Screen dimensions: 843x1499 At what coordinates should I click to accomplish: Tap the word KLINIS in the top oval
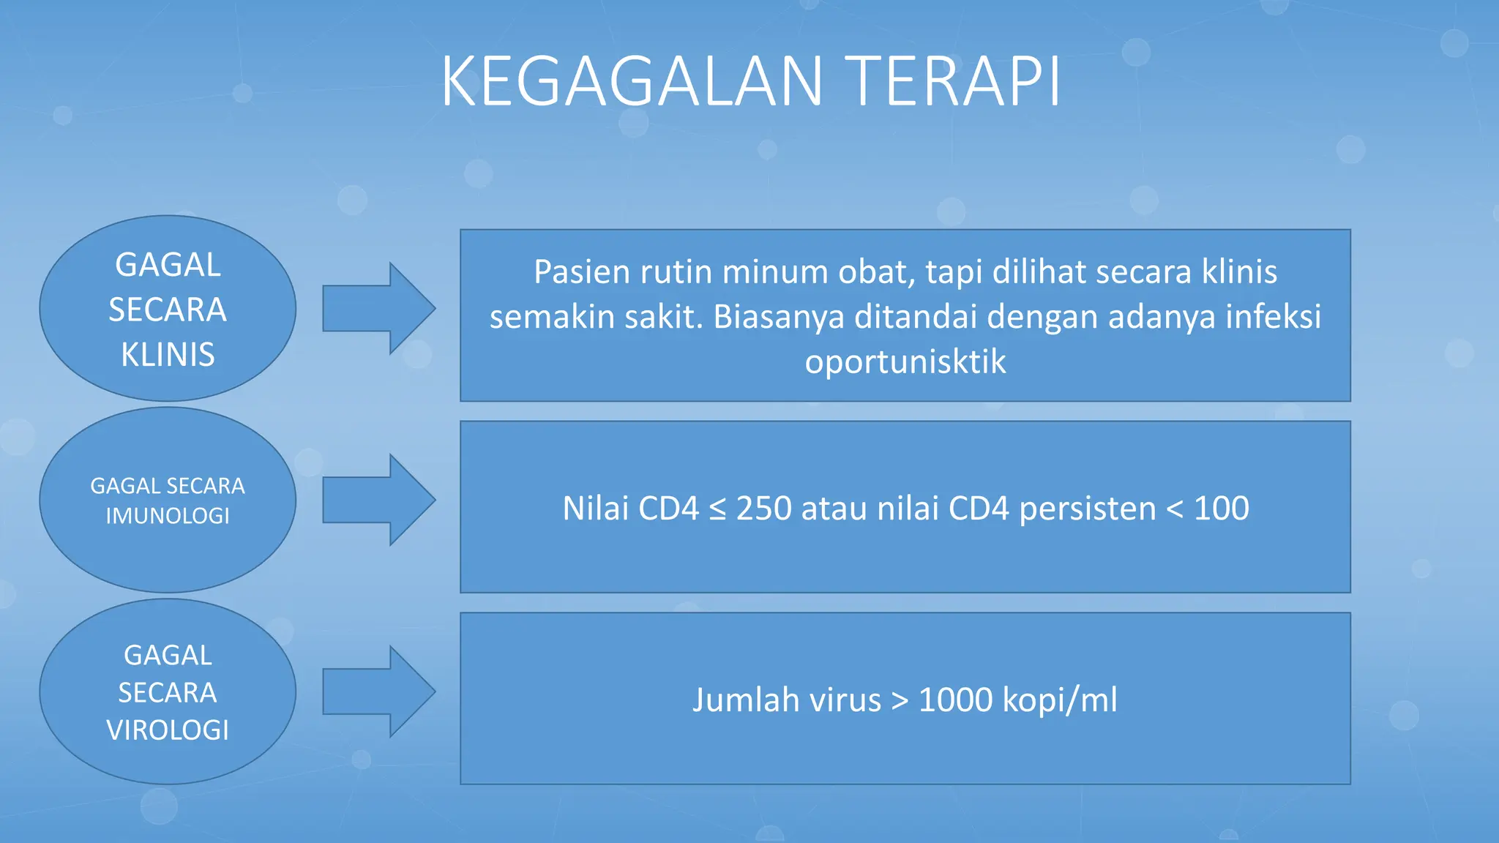168,355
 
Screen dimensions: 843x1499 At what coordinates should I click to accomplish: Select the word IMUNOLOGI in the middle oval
168,516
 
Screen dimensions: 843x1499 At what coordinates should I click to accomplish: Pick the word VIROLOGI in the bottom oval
168,730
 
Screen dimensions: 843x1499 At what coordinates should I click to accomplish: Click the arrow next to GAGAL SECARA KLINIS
378,308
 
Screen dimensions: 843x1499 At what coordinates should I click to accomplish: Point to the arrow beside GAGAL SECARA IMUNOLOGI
378,500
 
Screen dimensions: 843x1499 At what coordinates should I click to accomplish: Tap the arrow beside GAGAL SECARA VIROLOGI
378,692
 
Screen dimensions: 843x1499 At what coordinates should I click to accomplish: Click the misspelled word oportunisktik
905,361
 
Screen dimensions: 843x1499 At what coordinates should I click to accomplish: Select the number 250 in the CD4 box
763,509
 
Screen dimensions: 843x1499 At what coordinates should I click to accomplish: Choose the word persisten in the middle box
1087,509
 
